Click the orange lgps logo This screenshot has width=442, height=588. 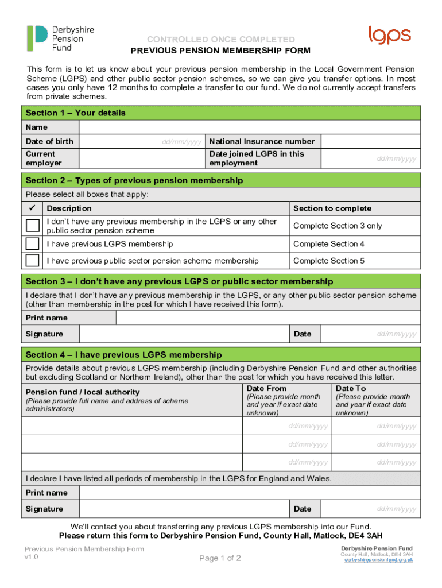[390, 36]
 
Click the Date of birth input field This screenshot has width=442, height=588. [142, 141]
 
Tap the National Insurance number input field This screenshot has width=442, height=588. [370, 141]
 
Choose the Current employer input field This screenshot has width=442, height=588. [142, 158]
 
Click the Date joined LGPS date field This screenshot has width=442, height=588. [370, 158]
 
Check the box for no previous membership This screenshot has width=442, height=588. [33, 226]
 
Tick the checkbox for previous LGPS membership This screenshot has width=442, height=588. [33, 244]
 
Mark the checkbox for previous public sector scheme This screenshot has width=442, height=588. [33, 261]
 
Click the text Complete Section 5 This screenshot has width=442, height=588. [329, 261]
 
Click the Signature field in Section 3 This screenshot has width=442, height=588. [184, 334]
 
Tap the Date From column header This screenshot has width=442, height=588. [266, 389]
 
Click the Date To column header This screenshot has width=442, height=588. [350, 389]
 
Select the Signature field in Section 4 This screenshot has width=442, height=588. [184, 509]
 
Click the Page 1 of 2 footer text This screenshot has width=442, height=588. [220, 558]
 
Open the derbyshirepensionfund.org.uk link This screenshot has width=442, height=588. [378, 560]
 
